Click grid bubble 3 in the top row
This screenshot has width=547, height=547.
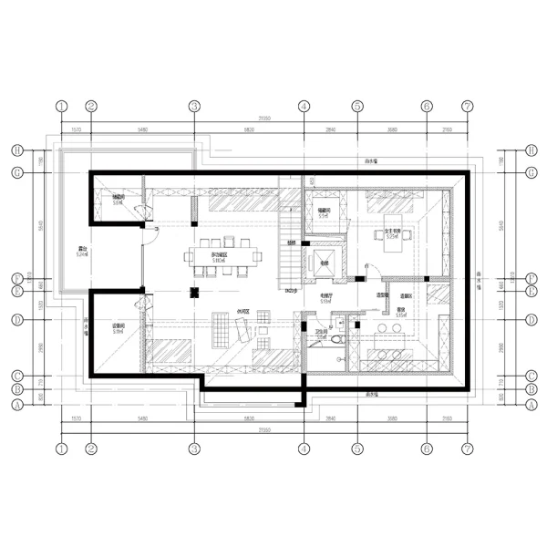pyautogui.click(x=194, y=106)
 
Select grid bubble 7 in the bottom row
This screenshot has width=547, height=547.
pyautogui.click(x=467, y=449)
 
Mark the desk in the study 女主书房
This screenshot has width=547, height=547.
pyautogui.click(x=394, y=236)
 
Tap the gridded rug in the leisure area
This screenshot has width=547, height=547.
pyautogui.click(x=221, y=329)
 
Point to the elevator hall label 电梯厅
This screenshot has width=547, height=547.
pyautogui.click(x=325, y=297)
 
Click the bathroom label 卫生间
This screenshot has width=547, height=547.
pyautogui.click(x=321, y=335)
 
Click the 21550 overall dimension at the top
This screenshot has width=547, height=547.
pyautogui.click(x=264, y=119)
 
